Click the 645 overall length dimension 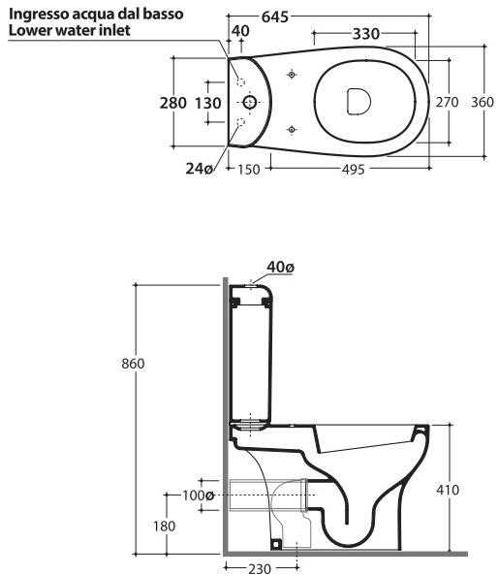tap(275, 16)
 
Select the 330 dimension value tap(366, 34)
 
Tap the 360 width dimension tap(482, 102)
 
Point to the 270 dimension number tap(447, 102)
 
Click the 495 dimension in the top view tap(353, 170)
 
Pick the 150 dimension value tap(249, 170)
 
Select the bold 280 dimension tap(172, 103)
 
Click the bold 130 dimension tap(207, 103)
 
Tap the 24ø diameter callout tap(199, 169)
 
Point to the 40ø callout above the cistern tap(280, 267)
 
